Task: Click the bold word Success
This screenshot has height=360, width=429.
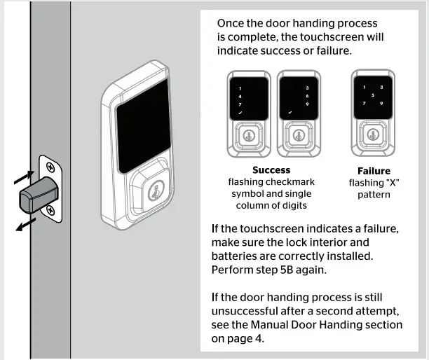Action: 271,170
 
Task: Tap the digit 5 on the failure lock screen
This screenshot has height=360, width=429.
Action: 372,95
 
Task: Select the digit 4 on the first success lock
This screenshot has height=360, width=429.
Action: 240,95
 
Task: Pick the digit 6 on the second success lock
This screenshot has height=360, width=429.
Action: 307,95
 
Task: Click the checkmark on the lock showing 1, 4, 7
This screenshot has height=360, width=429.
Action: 240,112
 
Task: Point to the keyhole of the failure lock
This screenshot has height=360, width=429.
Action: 372,134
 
